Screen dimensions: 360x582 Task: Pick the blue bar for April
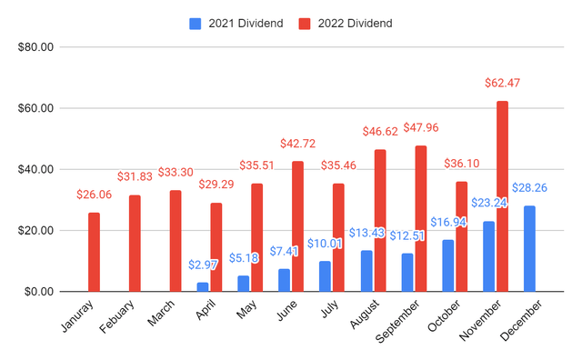point(202,286)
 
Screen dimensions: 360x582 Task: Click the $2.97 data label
point(202,264)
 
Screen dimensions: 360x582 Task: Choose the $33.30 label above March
point(176,172)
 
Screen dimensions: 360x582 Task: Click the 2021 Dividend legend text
point(247,22)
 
